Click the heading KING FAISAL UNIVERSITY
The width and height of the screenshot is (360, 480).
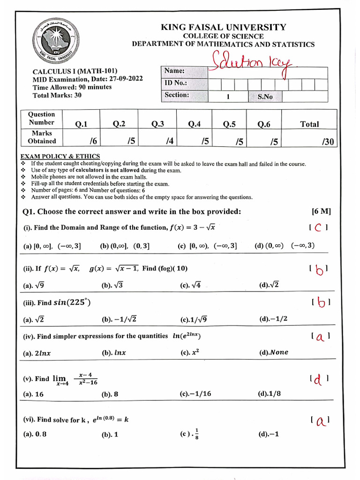click(223, 27)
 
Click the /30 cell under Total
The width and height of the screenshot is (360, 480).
click(328, 142)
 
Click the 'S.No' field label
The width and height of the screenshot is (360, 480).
click(265, 97)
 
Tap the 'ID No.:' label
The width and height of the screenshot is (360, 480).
click(176, 83)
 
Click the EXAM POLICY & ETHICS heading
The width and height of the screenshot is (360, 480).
click(60, 156)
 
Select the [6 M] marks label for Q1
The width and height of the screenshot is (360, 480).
click(321, 211)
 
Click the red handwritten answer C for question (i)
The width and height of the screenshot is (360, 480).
click(318, 228)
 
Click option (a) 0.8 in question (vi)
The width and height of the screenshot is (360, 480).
click(35, 434)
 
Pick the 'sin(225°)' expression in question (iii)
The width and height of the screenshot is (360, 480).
click(72, 302)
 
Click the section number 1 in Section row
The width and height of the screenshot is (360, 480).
click(228, 97)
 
